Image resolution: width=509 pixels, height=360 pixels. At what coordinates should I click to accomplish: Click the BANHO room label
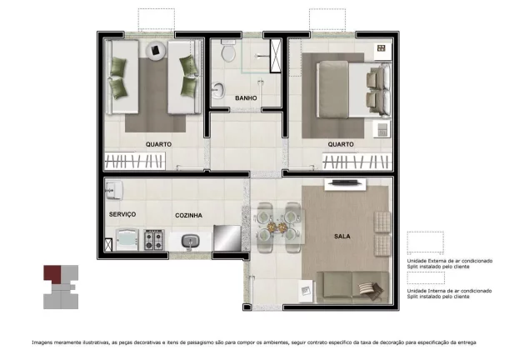coord(246,98)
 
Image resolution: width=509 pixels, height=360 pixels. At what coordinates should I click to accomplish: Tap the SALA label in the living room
coord(342,237)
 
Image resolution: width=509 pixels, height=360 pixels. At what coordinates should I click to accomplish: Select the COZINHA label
coord(189,215)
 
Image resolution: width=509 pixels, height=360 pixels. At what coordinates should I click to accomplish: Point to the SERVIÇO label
coord(122,215)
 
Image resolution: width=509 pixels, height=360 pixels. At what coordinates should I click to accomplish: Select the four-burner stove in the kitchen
coord(154,242)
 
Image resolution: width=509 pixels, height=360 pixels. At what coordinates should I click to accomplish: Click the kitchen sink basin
coord(190,242)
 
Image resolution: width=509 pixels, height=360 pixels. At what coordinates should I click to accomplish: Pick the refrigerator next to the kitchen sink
coord(227,239)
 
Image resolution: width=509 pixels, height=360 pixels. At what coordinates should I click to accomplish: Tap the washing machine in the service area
coord(125,242)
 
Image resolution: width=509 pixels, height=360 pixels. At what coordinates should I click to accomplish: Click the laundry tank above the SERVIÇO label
coord(114,192)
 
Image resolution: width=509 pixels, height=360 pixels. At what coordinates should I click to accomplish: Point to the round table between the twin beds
coord(156,52)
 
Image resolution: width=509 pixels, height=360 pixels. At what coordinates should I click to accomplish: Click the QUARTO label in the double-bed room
coord(340,143)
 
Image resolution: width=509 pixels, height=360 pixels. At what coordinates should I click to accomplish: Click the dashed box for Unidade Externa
coord(426,242)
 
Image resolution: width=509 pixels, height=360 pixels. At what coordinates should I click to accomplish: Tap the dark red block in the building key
coord(52,272)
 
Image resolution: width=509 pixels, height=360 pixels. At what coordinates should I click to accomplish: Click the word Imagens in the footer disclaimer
coord(43,342)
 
